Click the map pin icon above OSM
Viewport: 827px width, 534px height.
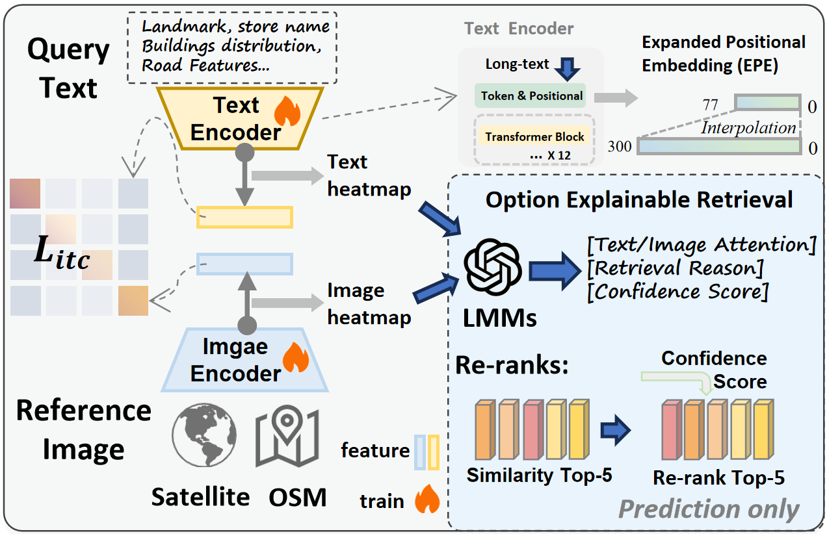(x=285, y=439)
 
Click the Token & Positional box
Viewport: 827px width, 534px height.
(x=530, y=95)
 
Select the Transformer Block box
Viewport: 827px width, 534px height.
(x=535, y=137)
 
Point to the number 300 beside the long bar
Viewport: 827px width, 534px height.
(x=620, y=147)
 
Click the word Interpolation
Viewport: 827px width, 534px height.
(x=748, y=128)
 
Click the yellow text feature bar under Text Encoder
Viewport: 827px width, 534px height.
(x=244, y=217)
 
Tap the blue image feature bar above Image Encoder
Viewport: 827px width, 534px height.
(x=244, y=264)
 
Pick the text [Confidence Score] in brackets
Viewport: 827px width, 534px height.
(x=677, y=291)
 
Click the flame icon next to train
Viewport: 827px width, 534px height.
(x=427, y=500)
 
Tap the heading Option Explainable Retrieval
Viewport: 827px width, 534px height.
(x=639, y=199)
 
